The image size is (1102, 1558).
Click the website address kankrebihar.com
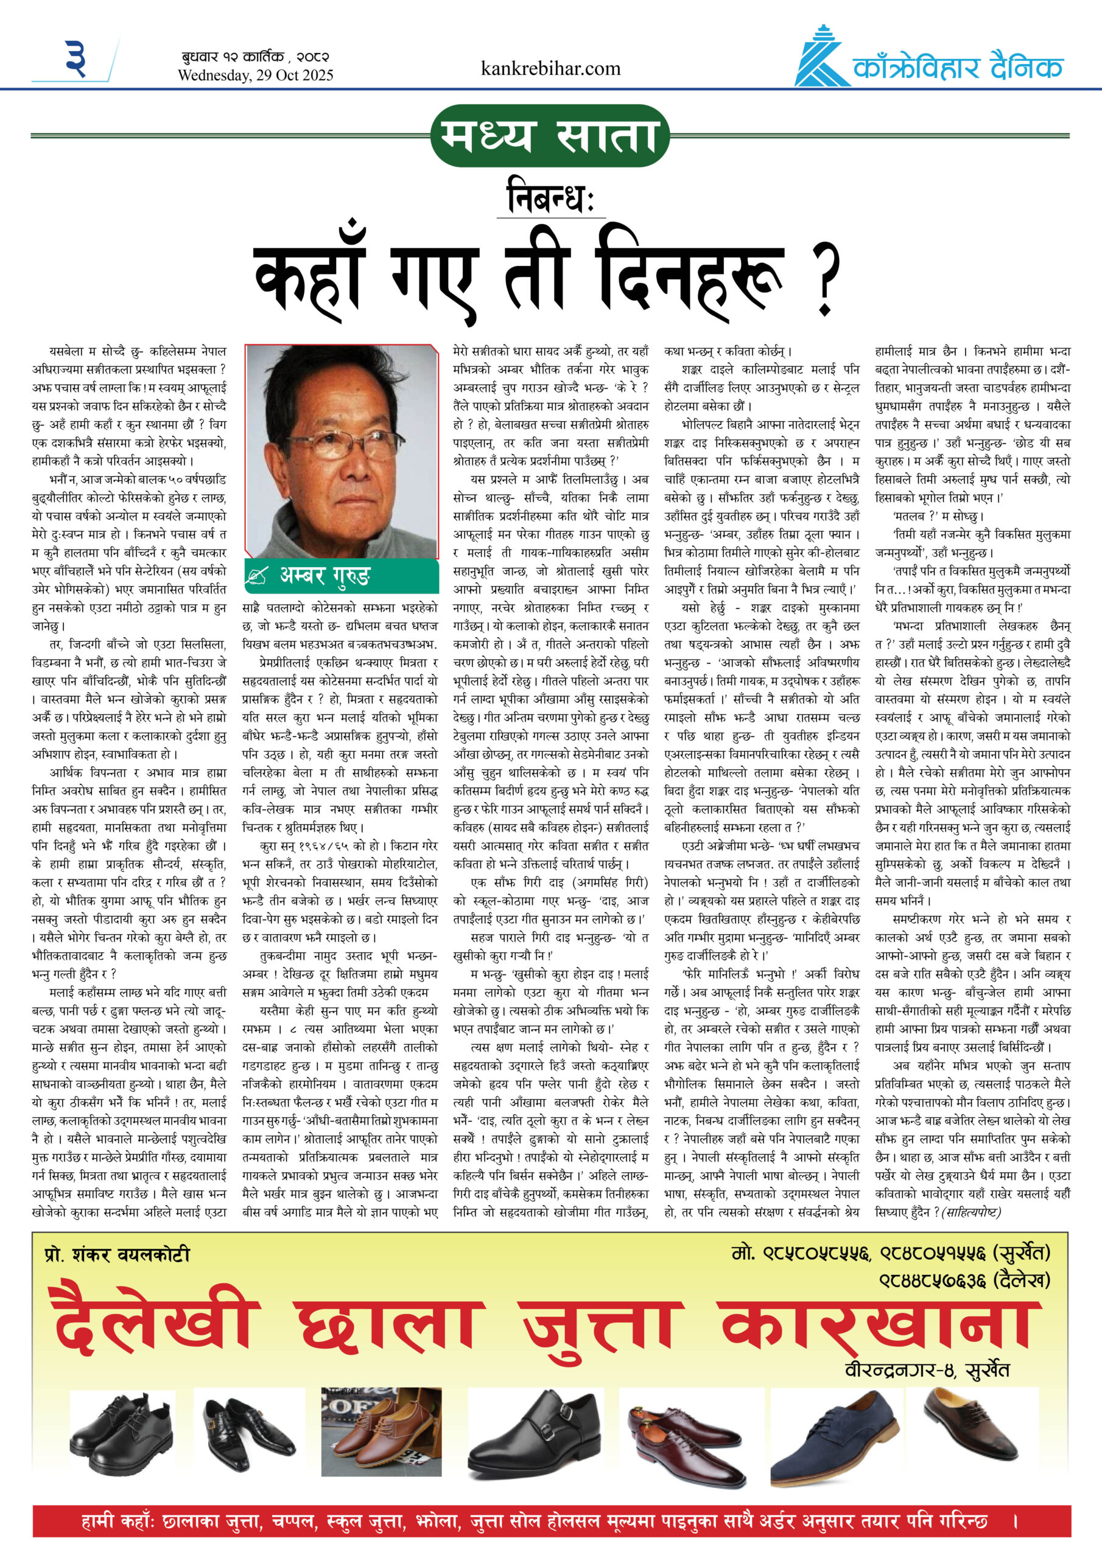[550, 69]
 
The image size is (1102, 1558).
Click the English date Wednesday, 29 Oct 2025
[255, 75]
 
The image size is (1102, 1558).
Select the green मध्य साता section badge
[550, 136]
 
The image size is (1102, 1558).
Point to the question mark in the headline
[826, 279]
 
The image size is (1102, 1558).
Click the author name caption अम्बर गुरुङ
[325, 576]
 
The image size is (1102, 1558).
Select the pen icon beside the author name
[258, 576]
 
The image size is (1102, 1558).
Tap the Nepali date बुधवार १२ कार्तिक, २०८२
[255, 57]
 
